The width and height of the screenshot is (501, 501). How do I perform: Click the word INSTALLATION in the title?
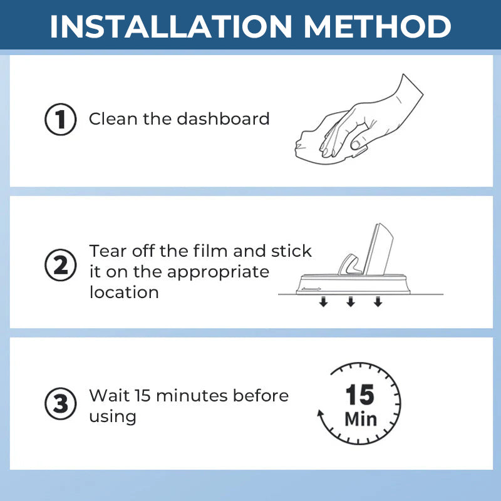point(171,26)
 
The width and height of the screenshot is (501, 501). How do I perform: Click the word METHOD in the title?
point(378,26)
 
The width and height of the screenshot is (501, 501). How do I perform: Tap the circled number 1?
point(60,119)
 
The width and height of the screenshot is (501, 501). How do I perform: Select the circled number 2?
point(60,265)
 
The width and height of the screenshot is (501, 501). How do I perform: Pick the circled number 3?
point(60,403)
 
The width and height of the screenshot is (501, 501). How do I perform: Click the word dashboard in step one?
point(223,118)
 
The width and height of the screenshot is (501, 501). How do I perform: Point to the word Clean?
point(113,119)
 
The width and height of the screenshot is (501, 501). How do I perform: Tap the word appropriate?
point(218,273)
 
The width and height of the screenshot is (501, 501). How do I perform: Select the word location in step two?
point(124,292)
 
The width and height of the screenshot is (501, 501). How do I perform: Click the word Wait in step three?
point(109,396)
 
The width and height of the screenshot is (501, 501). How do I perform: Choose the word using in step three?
point(113,418)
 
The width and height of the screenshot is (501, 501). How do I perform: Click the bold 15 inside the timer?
point(359,395)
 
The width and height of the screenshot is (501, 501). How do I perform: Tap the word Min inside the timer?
point(361,419)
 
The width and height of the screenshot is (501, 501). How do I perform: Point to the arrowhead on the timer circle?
point(321,413)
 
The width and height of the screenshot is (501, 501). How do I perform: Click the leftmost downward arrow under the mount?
point(323,302)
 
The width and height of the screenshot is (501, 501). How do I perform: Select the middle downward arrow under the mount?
point(351,302)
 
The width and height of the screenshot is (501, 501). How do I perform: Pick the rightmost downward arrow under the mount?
point(378,302)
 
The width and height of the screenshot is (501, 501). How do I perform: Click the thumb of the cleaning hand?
point(358,143)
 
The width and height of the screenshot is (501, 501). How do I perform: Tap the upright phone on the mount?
point(379,249)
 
